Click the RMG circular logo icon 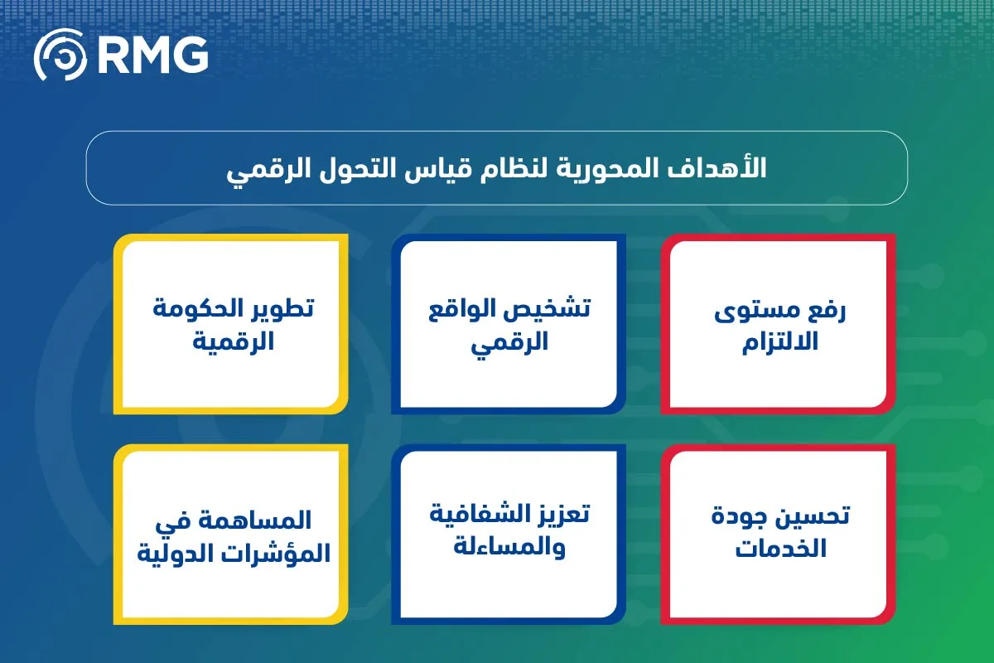(59, 56)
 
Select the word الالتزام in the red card (779, 341)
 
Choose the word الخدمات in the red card (779, 549)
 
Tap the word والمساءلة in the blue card (509, 547)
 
